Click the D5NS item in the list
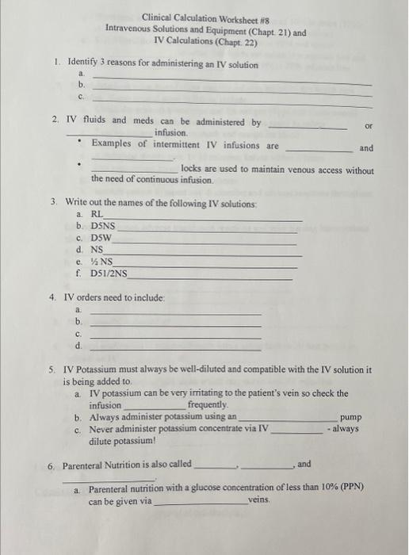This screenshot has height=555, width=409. pyautogui.click(x=103, y=226)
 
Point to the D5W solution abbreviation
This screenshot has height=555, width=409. pyautogui.click(x=101, y=237)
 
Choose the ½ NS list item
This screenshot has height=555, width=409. pyautogui.click(x=102, y=260)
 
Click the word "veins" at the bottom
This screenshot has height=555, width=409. pyautogui.click(x=259, y=501)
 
